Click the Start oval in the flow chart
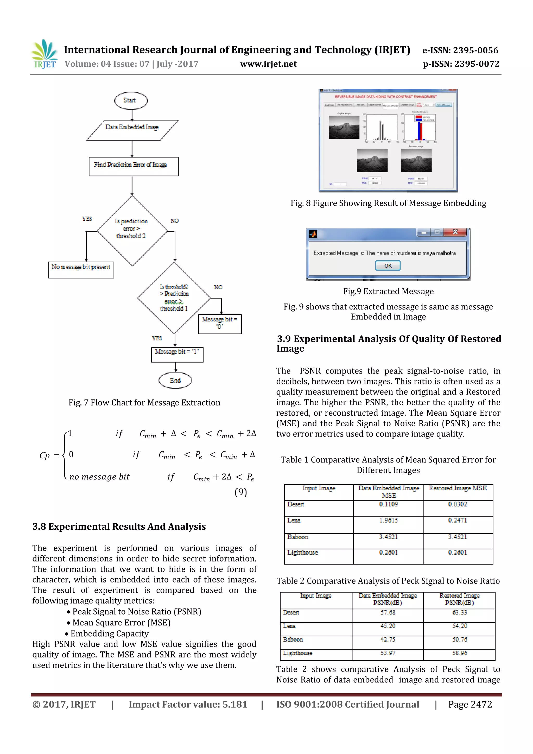(x=131, y=100)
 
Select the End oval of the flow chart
(x=175, y=380)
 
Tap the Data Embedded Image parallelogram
(x=132, y=130)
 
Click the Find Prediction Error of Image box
(x=133, y=166)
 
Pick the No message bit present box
(x=81, y=270)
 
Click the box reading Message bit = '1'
(x=177, y=354)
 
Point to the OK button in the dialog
(x=388, y=265)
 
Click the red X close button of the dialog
(x=455, y=232)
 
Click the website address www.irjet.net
(x=268, y=64)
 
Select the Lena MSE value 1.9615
(x=388, y=520)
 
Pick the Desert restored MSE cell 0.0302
(x=458, y=504)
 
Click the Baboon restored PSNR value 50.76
(x=459, y=639)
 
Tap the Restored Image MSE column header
(x=458, y=488)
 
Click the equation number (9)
(x=241, y=492)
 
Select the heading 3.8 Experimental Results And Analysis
(x=119, y=527)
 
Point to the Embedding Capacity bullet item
(x=109, y=633)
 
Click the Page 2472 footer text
(x=470, y=704)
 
